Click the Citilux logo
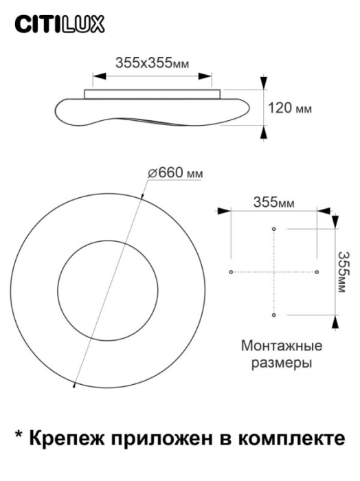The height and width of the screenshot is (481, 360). [x=59, y=25]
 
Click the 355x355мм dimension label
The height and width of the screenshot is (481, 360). [x=153, y=63]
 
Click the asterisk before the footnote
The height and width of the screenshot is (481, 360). [x=19, y=436]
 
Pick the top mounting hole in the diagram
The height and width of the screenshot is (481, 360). [x=274, y=229]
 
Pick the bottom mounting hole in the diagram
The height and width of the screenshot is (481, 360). [x=274, y=315]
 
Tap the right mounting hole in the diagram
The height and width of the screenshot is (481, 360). [x=317, y=272]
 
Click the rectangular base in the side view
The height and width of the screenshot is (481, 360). [x=153, y=93]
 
